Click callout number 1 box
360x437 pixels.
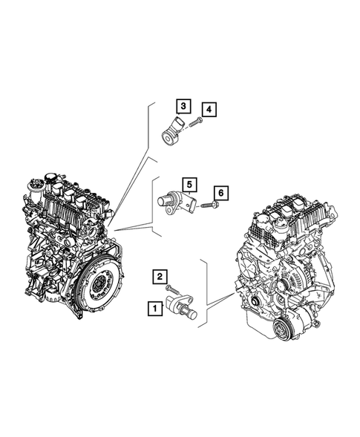pyautogui.click(x=154, y=306)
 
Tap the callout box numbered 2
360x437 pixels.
pyautogui.click(x=159, y=277)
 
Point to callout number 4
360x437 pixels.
pyautogui.click(x=210, y=110)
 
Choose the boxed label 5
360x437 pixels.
pyautogui.click(x=189, y=183)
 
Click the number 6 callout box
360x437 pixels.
pyautogui.click(x=221, y=194)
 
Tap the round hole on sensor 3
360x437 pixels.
pyautogui.click(x=168, y=136)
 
